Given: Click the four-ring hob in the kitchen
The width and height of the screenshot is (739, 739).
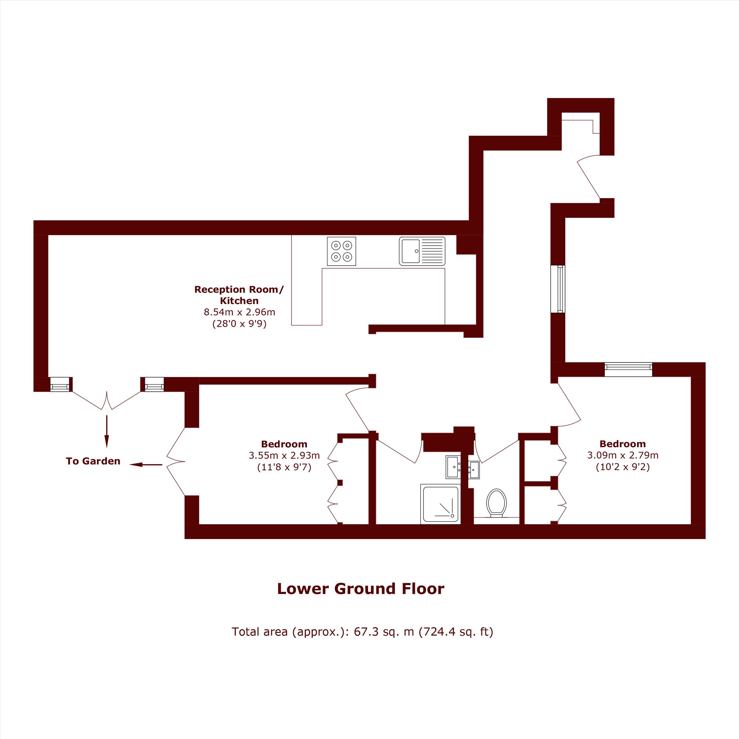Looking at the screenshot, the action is tap(341, 251).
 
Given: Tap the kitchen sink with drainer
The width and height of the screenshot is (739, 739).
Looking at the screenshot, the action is tap(422, 251).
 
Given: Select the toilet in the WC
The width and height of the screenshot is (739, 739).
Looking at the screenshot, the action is tap(497, 503).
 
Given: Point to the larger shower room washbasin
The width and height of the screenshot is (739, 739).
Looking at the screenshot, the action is tap(454, 467).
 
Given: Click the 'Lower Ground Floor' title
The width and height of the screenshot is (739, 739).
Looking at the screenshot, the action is tap(361, 589).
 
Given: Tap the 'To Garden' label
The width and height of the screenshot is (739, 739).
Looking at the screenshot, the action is tap(93, 461).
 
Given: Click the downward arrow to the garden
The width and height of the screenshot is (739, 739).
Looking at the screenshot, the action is tap(107, 432).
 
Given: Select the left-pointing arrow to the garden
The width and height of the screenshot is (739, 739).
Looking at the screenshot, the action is tap(146, 465).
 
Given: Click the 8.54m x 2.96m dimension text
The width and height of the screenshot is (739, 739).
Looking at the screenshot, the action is tap(239, 312).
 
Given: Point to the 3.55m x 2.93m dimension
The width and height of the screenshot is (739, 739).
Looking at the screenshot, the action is tap(284, 456).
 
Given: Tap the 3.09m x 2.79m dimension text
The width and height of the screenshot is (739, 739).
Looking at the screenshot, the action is tap(623, 455).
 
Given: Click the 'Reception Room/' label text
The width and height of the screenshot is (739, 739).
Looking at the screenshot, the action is tap(239, 290).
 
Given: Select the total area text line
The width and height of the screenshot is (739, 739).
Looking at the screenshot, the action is tap(362, 632).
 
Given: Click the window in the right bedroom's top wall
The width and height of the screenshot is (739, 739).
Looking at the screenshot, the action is tap(629, 369).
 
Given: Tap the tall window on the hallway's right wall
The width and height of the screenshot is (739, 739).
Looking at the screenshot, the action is tap(558, 289).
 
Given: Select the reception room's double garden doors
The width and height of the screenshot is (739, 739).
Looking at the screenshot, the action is tap(107, 400).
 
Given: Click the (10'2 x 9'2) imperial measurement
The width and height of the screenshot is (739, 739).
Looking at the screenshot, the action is tap(623, 467).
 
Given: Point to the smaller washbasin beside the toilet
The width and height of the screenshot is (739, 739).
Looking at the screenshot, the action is tap(474, 470).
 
